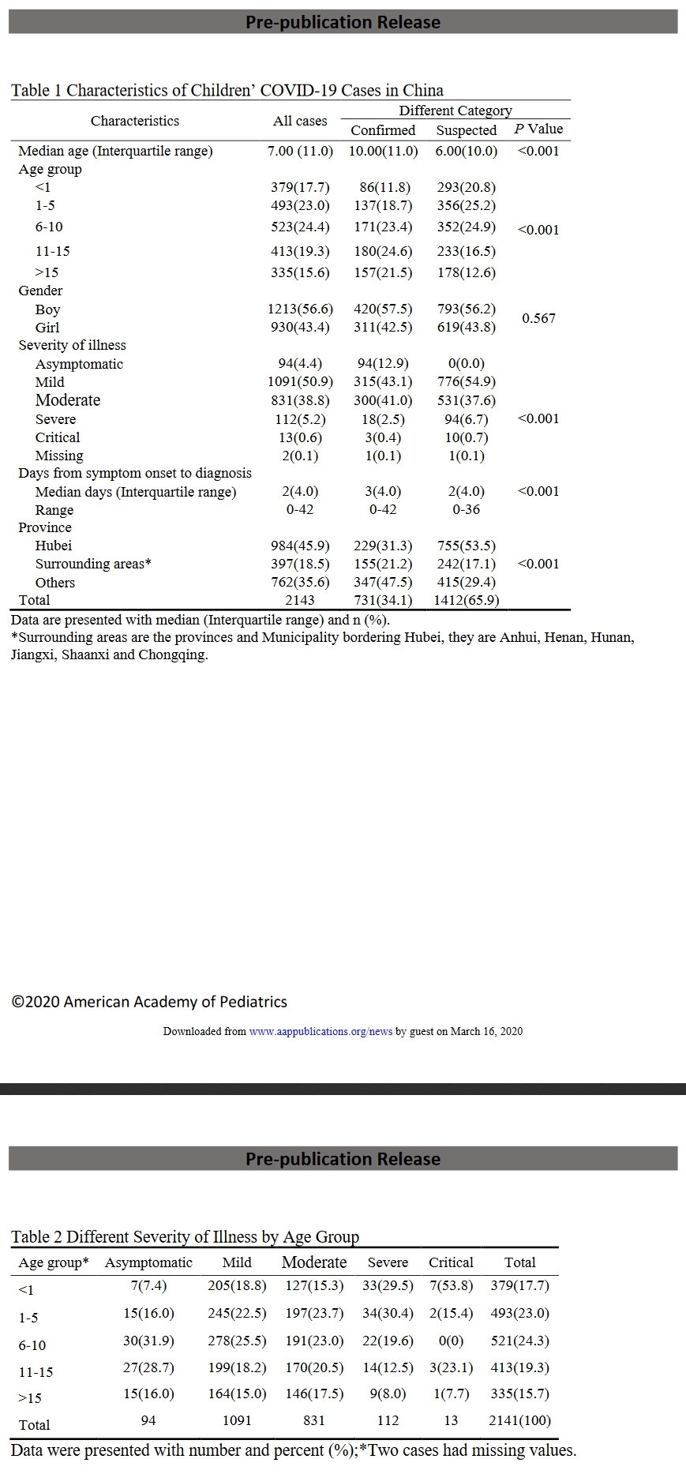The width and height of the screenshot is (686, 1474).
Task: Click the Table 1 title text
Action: click(227, 90)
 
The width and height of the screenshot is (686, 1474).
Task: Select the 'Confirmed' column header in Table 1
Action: click(383, 130)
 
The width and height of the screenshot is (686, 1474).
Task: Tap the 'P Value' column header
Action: click(538, 129)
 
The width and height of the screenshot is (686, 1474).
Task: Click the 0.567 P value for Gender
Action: click(538, 318)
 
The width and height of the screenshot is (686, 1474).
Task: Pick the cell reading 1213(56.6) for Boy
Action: click(300, 309)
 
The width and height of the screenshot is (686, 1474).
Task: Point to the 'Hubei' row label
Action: click(54, 546)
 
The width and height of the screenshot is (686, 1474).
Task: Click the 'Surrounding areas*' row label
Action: click(93, 564)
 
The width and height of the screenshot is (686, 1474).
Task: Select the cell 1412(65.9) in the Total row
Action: click(467, 600)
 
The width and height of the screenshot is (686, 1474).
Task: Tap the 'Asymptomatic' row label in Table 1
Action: click(79, 364)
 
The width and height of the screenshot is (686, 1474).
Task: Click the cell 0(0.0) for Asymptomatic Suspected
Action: click(467, 364)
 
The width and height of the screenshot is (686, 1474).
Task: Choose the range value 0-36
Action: click(467, 509)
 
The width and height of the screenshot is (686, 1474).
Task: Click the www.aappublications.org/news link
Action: click(321, 1031)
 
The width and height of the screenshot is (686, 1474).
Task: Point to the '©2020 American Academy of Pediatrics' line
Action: click(149, 1002)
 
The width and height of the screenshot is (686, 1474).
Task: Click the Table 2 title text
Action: click(185, 1236)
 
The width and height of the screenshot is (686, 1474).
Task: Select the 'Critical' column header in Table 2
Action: click(451, 1262)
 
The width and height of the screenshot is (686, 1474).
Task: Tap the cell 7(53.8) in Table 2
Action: click(451, 1285)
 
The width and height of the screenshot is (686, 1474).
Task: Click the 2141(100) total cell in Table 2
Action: click(519, 1420)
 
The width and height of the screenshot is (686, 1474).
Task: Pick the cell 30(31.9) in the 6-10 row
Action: click(148, 1341)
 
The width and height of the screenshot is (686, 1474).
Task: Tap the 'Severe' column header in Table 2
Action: click(388, 1262)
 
